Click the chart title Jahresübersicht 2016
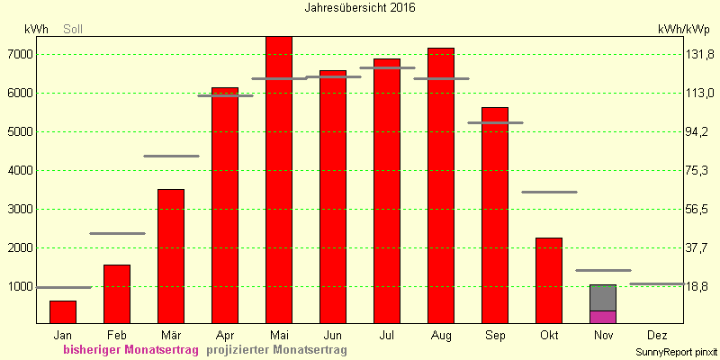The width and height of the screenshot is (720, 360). coord(360,8)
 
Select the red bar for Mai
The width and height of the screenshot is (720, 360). coord(279,180)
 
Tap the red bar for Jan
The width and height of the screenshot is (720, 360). coord(63,312)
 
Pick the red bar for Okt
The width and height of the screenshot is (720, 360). coord(549,281)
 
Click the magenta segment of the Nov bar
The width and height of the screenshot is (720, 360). coord(603,318)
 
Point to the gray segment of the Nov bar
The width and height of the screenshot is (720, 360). coord(603,298)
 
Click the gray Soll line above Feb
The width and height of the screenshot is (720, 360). coord(117,234)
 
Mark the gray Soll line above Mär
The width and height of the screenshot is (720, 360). coord(171,156)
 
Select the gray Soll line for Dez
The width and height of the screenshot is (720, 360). coord(657,283)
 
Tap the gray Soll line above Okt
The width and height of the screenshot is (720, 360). coord(549,192)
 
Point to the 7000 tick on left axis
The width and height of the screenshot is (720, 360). coord(19,55)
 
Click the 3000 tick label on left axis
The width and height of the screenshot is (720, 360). coord(19,210)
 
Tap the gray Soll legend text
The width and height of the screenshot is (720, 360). coord(73,30)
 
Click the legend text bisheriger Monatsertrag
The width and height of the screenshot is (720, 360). coord(131,350)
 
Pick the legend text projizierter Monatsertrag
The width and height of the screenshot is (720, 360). coord(276,350)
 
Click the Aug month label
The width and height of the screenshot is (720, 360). coord(441,336)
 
